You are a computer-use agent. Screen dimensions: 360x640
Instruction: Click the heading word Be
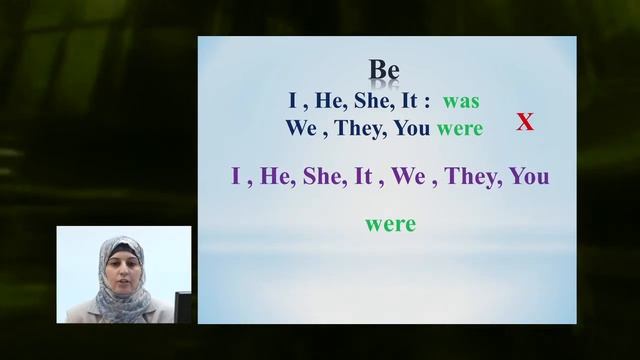(x=385, y=70)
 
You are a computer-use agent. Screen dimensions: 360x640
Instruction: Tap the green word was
(x=461, y=102)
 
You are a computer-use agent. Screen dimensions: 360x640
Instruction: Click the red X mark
(x=525, y=123)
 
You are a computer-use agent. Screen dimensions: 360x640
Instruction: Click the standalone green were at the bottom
(x=390, y=224)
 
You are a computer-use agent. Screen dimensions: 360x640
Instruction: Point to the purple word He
(x=273, y=177)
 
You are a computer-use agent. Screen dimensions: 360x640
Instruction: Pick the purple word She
(x=321, y=177)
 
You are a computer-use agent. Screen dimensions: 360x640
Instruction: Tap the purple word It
(x=363, y=177)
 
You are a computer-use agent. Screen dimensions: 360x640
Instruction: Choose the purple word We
(x=408, y=177)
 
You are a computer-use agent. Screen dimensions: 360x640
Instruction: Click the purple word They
(x=467, y=177)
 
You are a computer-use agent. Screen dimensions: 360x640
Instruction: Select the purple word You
(x=529, y=177)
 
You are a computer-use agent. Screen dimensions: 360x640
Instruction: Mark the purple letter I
(x=236, y=177)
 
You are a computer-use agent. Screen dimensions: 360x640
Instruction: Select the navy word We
(x=302, y=128)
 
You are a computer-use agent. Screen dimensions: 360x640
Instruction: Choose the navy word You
(x=413, y=128)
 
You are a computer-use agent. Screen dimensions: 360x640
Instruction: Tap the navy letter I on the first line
(x=293, y=102)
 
